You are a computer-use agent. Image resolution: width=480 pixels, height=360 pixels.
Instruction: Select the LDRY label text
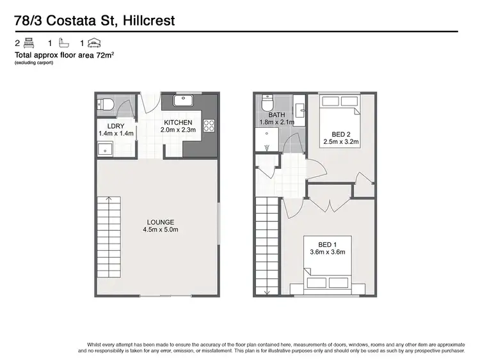click(x=115, y=126)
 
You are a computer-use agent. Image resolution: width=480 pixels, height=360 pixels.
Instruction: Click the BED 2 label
click(x=340, y=134)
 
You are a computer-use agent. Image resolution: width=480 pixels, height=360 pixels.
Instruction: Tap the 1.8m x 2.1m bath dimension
click(x=276, y=122)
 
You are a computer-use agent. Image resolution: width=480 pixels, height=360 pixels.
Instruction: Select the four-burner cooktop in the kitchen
click(x=208, y=125)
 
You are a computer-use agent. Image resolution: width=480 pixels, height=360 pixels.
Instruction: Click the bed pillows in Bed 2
click(x=340, y=101)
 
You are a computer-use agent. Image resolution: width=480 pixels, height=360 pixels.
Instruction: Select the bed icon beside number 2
click(x=29, y=43)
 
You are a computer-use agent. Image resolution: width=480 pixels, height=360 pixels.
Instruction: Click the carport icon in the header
click(x=94, y=43)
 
